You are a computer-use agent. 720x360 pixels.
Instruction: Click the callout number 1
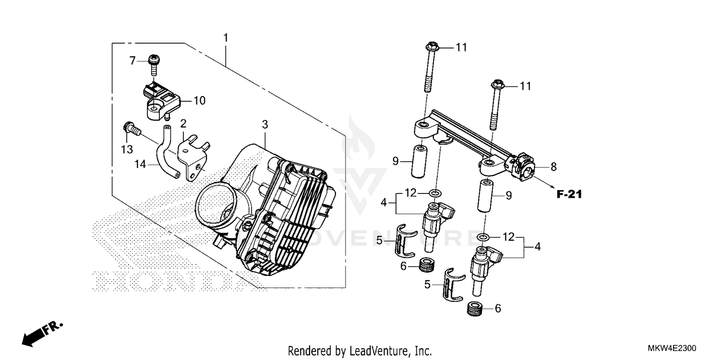226,37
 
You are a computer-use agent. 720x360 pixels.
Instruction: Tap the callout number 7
133,61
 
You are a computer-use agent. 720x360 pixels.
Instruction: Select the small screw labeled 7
154,64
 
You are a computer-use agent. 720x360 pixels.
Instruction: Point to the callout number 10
199,101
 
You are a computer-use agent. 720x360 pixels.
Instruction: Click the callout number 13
127,150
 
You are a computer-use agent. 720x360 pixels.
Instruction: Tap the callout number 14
140,164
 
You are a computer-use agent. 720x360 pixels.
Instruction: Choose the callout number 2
183,124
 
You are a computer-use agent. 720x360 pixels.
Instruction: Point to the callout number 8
553,167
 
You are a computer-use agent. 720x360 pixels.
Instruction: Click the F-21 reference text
569,194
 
